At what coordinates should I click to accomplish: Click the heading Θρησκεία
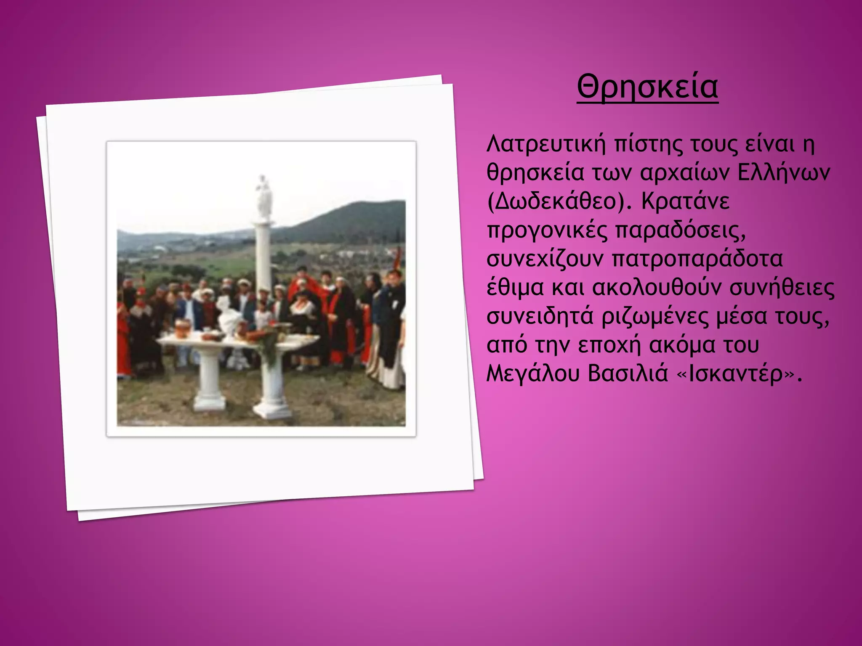click(x=647, y=87)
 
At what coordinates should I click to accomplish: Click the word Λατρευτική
click(x=546, y=144)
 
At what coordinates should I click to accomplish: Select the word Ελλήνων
click(x=784, y=173)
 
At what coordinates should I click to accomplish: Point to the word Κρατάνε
click(x=686, y=202)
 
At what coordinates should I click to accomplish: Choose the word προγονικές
click(x=547, y=231)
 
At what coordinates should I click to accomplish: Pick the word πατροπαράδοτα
click(x=696, y=259)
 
